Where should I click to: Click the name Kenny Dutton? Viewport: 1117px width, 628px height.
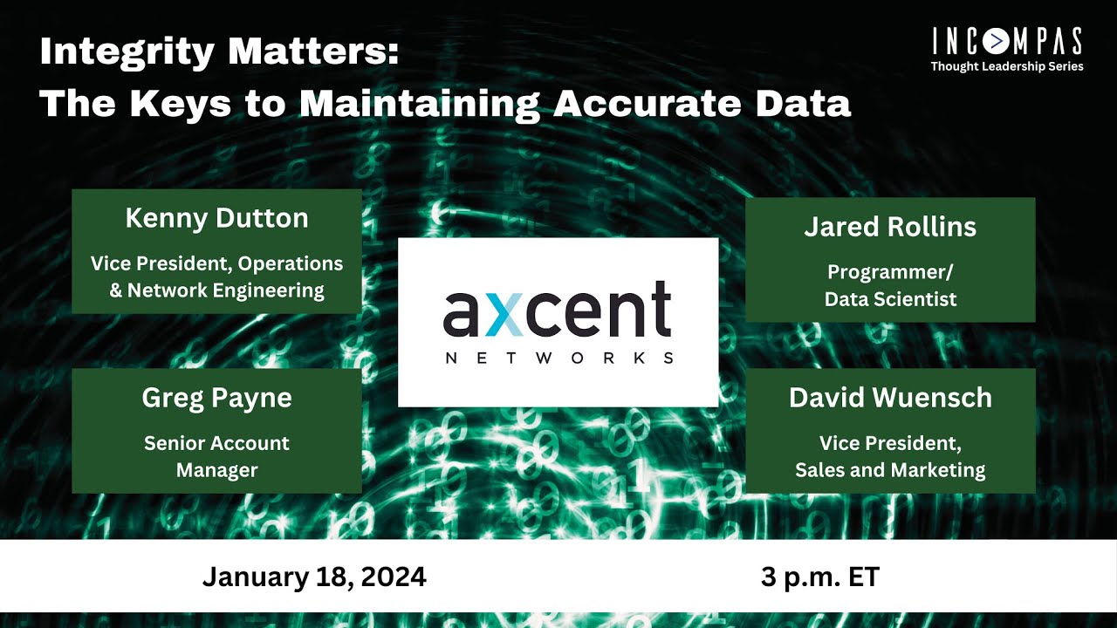(x=216, y=218)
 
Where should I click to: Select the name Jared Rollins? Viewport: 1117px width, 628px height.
(x=890, y=227)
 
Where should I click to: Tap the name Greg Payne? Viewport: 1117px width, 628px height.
(x=216, y=398)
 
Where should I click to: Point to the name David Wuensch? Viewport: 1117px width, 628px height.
(x=890, y=398)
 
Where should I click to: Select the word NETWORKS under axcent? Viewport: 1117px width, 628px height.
(x=558, y=358)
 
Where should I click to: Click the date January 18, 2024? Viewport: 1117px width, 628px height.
(x=314, y=577)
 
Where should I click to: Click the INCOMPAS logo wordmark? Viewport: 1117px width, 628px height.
(x=1007, y=42)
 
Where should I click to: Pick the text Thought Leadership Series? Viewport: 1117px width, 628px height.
(x=1007, y=66)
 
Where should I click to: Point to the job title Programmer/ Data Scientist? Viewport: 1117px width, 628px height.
(x=890, y=285)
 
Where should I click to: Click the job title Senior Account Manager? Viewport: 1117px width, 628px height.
(x=216, y=456)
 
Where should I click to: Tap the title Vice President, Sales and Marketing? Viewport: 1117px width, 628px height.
(x=890, y=456)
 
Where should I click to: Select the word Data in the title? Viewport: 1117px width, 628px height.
(x=805, y=104)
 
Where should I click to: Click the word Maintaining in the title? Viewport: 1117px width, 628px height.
(x=420, y=104)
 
